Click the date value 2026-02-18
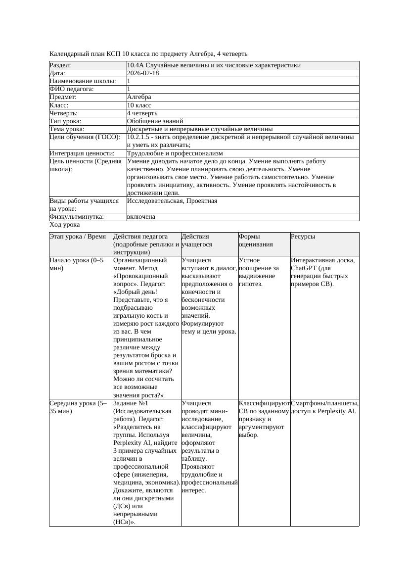pyautogui.click(x=143, y=73)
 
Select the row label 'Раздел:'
pyautogui.click(x=60, y=65)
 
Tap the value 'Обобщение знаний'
pyautogui.click(x=155, y=121)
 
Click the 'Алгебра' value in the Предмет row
pyautogui.click(x=139, y=97)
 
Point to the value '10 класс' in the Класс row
pyautogui.click(x=139, y=105)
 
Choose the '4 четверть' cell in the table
pyautogui.click(x=142, y=113)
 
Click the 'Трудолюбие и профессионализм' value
pyautogui.click(x=175, y=153)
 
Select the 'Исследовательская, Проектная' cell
pyautogui.click(x=172, y=201)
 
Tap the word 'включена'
pyautogui.click(x=141, y=217)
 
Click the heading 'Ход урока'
pyautogui.click(x=65, y=225)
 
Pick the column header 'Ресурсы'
pyautogui.click(x=303, y=237)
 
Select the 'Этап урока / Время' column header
pyautogui.click(x=78, y=237)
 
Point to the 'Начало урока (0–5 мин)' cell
pyautogui.click(x=77, y=264)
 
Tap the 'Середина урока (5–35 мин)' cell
pyautogui.click(x=78, y=407)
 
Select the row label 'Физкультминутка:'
pyautogui.click(x=77, y=217)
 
